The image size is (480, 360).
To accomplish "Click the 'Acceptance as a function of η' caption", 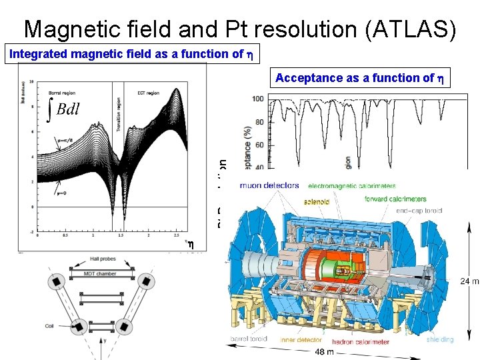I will [359, 78].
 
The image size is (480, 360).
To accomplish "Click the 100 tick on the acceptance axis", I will [257, 99].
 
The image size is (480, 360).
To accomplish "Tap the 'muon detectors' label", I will [269, 185].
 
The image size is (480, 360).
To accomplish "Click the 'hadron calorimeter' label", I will [361, 342].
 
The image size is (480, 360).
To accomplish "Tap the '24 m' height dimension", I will [469, 281].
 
